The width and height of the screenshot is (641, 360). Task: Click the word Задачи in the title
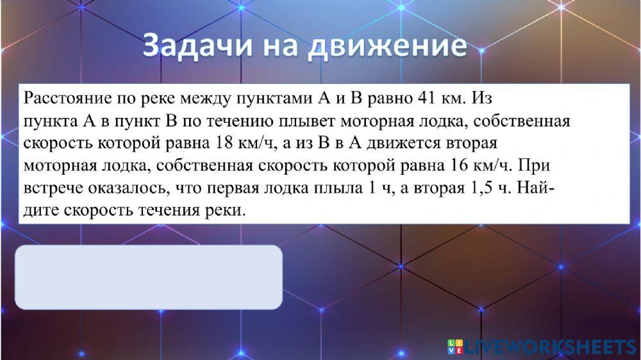(197, 45)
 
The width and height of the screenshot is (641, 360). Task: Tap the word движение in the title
(387, 45)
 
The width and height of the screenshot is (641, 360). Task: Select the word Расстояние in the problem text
(67, 98)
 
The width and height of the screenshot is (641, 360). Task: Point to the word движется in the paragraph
(403, 143)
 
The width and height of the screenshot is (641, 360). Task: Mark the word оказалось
(128, 188)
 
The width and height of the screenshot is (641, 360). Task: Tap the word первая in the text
(233, 188)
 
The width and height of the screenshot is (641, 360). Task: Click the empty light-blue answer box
(149, 277)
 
